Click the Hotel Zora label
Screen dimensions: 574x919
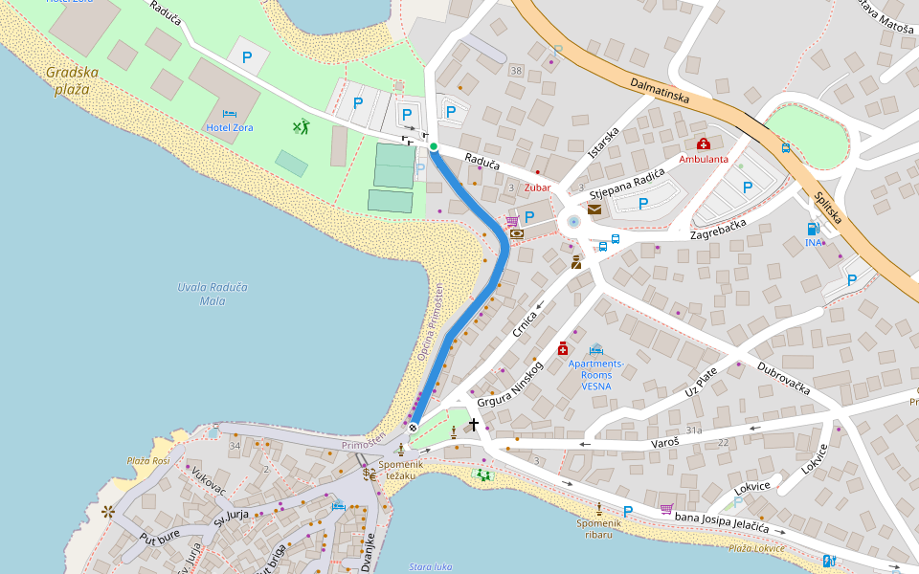point(230,127)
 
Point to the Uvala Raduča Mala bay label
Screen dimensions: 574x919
point(213,294)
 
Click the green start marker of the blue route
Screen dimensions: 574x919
point(434,146)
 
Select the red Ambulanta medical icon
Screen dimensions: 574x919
point(704,143)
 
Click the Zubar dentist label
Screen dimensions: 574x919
point(537,188)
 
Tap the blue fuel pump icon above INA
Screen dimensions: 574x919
point(814,229)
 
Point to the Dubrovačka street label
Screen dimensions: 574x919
point(784,379)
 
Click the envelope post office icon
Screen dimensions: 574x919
point(594,210)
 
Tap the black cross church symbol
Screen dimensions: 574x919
point(474,423)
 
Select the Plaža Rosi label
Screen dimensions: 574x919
point(147,460)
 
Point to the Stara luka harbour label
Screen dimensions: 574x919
point(430,566)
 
